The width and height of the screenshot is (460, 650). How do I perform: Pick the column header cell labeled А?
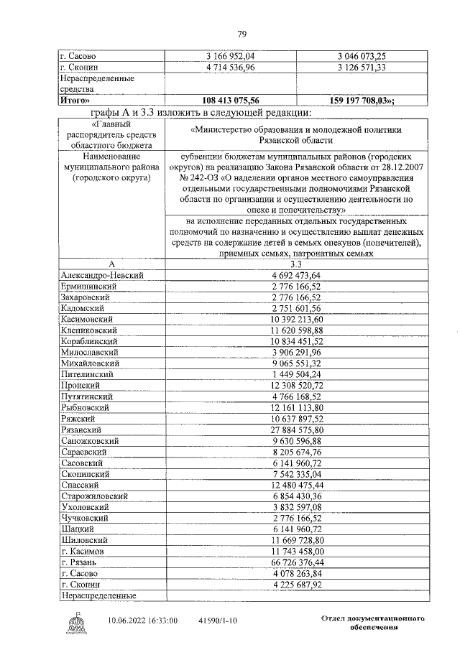[111, 264]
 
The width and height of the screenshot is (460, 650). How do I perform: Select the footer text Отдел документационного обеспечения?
[369, 622]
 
